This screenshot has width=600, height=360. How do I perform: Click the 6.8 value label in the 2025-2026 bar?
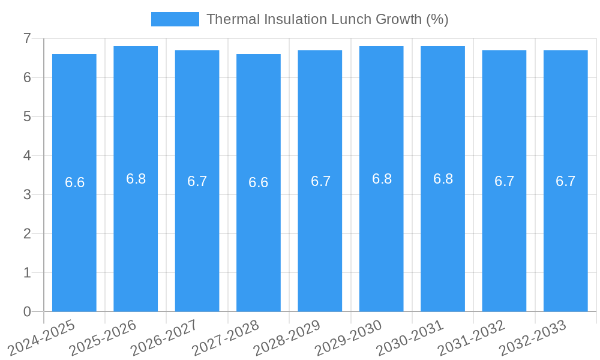(x=136, y=179)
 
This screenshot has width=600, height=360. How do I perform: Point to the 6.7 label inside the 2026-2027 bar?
(x=197, y=181)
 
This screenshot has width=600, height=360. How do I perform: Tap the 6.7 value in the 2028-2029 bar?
(x=320, y=181)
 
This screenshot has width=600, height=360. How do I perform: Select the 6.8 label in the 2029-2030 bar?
(x=382, y=179)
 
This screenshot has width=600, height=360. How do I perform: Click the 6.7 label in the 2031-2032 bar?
(x=504, y=181)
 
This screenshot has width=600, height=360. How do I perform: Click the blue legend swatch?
(x=175, y=19)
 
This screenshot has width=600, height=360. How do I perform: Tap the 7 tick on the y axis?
(x=27, y=38)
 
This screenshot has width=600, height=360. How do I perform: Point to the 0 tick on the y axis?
(x=27, y=311)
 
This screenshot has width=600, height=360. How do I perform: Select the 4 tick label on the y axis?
(x=27, y=155)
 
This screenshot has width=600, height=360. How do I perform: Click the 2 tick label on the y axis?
(x=27, y=233)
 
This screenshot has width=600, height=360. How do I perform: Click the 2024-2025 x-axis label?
(x=42, y=338)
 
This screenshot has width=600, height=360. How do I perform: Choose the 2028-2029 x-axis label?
(x=287, y=338)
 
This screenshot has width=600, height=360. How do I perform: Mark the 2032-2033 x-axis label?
(x=532, y=338)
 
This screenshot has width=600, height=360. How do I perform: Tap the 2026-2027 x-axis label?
(x=164, y=338)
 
